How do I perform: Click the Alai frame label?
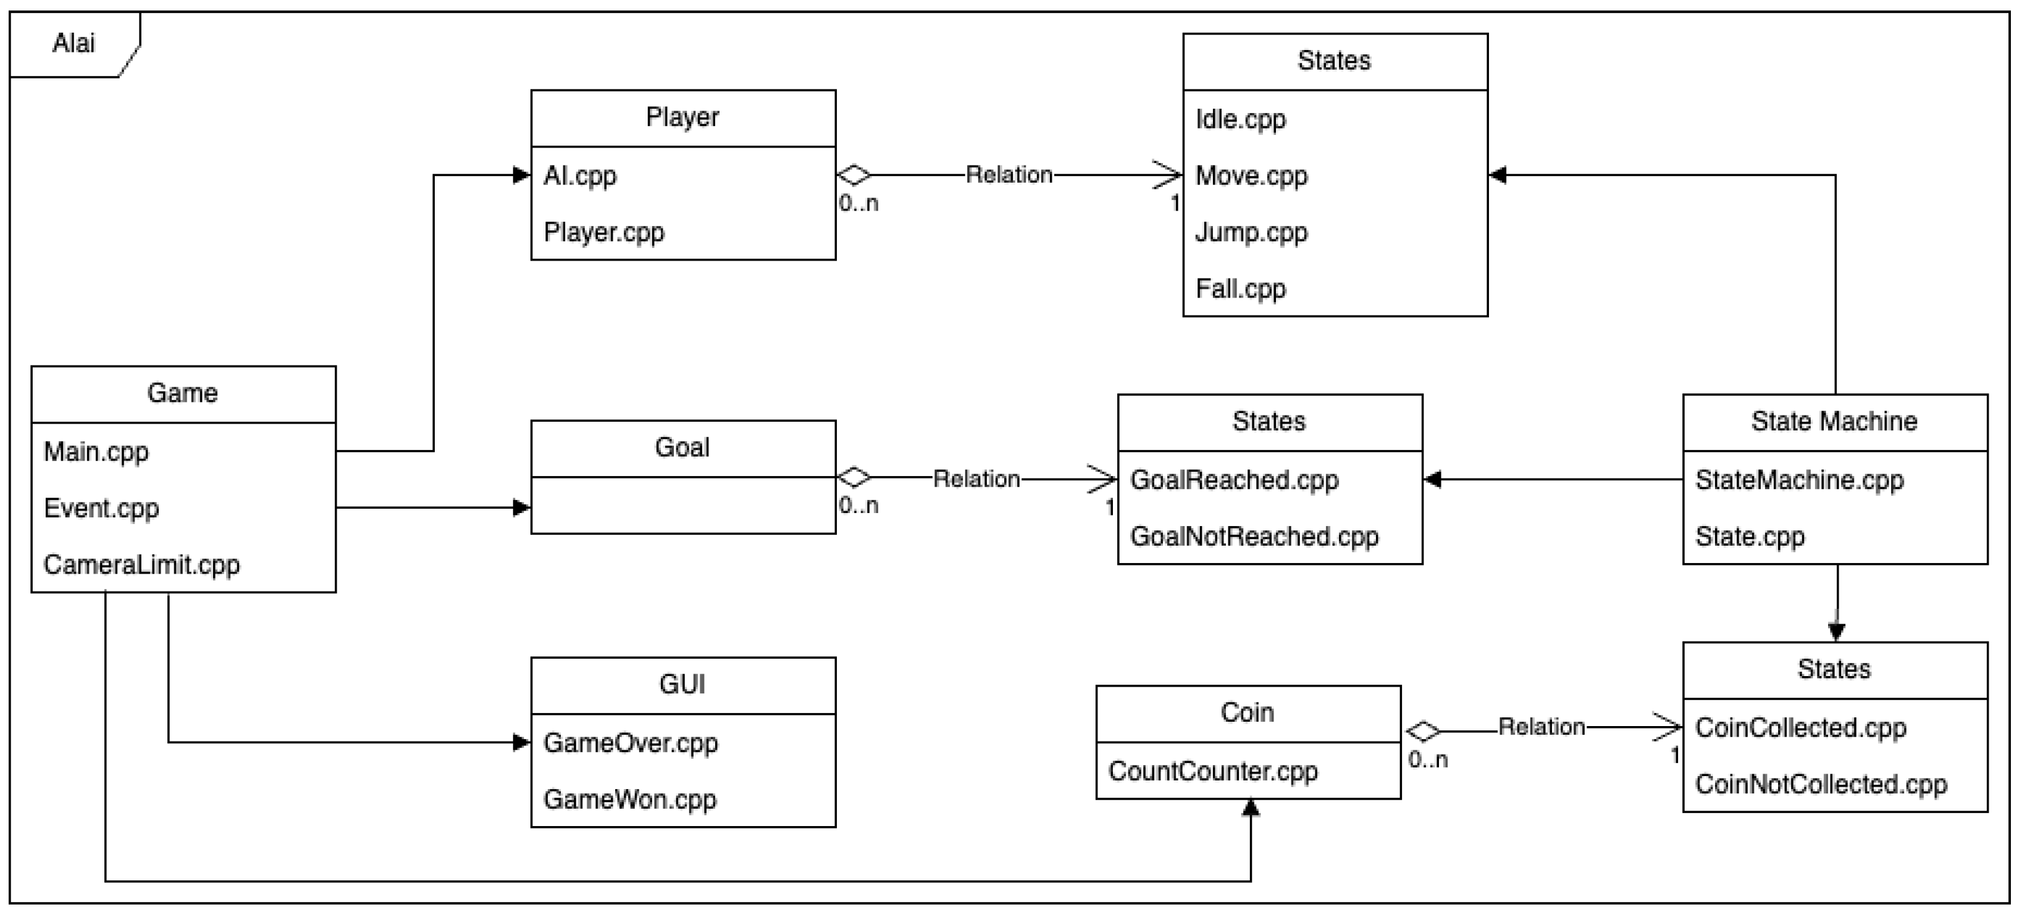tap(73, 43)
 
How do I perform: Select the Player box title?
tap(682, 117)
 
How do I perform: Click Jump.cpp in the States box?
tap(1251, 232)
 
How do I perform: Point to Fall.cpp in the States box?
tap(1240, 289)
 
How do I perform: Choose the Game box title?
tap(182, 393)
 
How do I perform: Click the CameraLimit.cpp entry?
tap(141, 564)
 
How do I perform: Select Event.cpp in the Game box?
tap(101, 508)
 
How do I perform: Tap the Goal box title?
tap(682, 447)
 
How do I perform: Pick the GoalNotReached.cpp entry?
tap(1254, 536)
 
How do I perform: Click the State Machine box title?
tap(1834, 422)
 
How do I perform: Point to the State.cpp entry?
tap(1750, 536)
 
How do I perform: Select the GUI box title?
tap(682, 684)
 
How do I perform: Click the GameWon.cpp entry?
tap(629, 799)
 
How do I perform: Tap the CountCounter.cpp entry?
tap(1213, 771)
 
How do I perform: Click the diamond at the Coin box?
tap(1423, 732)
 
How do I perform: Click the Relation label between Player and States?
tap(1009, 174)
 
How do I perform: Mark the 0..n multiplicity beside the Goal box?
tap(858, 506)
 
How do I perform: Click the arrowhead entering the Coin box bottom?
tap(1251, 808)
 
